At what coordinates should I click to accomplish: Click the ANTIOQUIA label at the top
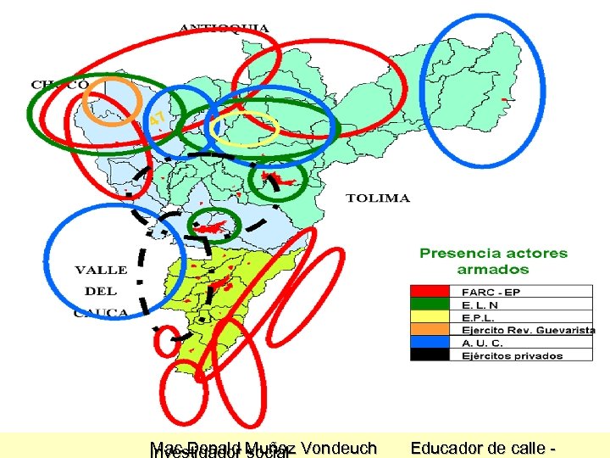click(225, 28)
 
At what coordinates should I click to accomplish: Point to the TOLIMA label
click(378, 198)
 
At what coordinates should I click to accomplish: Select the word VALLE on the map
click(101, 270)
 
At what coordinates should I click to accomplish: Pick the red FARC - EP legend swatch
click(435, 291)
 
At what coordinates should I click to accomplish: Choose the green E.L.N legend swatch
click(435, 304)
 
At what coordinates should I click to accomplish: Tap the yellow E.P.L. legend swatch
click(435, 316)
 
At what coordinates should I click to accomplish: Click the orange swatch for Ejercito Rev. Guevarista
click(435, 330)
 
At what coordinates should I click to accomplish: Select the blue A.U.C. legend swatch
click(435, 343)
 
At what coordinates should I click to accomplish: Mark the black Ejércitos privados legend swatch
click(435, 355)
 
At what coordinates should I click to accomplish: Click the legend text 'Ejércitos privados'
click(512, 356)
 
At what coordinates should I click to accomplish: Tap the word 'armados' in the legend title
click(493, 270)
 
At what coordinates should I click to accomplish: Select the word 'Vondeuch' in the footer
click(338, 447)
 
